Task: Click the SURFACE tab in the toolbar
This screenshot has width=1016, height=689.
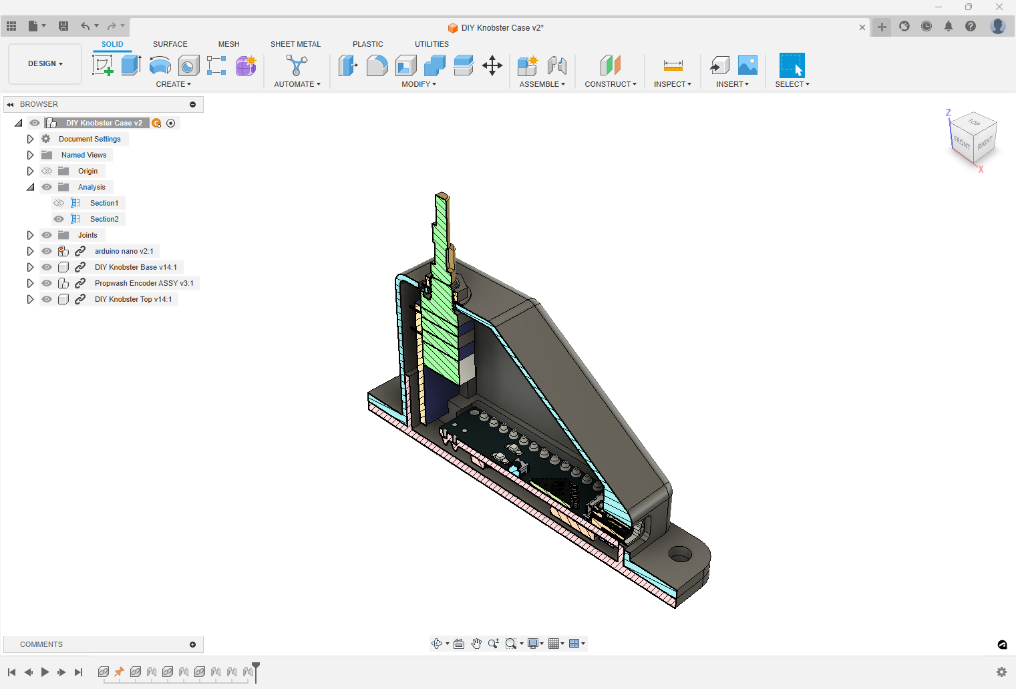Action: (x=170, y=44)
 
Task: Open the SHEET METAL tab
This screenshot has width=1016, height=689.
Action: (x=295, y=44)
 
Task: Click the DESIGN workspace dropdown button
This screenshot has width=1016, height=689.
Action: (x=45, y=64)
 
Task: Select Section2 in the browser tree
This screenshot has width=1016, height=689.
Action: (x=104, y=219)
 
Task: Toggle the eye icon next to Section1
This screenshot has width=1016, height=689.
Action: (x=59, y=203)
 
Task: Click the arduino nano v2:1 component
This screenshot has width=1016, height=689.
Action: (x=124, y=251)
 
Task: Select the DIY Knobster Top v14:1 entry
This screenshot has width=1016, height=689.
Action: (x=133, y=299)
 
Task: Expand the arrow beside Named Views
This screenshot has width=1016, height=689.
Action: (x=30, y=155)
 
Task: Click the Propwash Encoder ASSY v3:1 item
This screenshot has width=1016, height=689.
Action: (x=144, y=283)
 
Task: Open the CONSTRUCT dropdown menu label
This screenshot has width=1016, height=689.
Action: (x=610, y=84)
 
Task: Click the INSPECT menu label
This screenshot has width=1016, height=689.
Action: (x=672, y=84)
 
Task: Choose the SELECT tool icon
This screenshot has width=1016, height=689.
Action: (x=792, y=65)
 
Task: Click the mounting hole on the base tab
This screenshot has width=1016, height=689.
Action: (x=680, y=554)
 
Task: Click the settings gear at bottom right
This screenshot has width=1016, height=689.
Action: (x=1001, y=672)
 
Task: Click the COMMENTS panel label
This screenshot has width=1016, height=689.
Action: (x=41, y=644)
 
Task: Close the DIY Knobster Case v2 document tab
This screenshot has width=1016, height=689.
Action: (x=862, y=27)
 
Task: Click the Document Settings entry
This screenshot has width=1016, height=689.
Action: (x=90, y=139)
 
